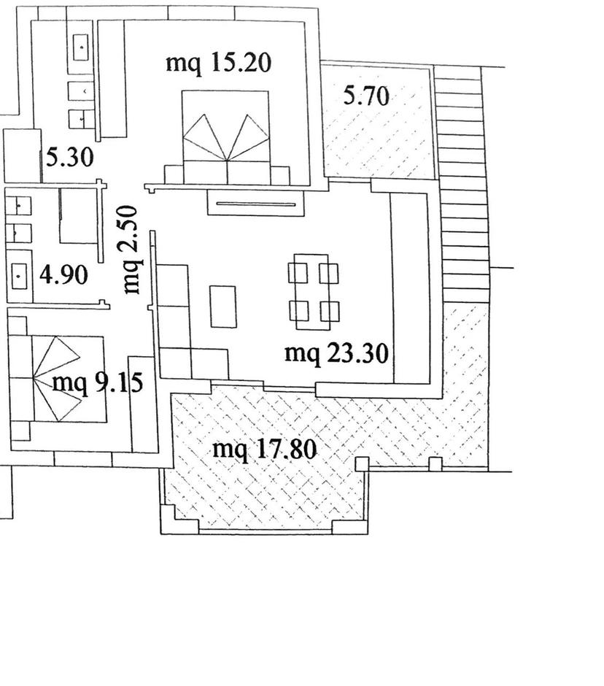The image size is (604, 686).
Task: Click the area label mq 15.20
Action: click(x=218, y=63)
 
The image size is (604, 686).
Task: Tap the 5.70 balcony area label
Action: click(x=366, y=96)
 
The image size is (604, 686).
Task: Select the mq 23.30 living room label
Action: click(x=336, y=353)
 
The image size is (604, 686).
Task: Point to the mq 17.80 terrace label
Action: click(x=264, y=450)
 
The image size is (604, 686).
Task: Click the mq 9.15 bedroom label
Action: click(x=97, y=383)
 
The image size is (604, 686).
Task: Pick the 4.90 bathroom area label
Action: click(x=63, y=275)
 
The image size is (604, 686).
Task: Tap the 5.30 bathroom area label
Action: click(x=69, y=158)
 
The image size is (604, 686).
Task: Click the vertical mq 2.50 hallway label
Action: click(x=131, y=250)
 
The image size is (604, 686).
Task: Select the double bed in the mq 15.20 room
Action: click(x=225, y=137)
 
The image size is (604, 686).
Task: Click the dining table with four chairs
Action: click(x=313, y=292)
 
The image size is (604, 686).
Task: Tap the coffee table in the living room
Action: click(x=223, y=307)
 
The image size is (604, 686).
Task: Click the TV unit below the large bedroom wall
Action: click(x=256, y=204)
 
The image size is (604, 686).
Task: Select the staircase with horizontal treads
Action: click(x=462, y=184)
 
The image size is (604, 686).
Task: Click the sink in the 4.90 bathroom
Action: click(x=20, y=276)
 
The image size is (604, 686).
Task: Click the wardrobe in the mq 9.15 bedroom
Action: click(x=142, y=404)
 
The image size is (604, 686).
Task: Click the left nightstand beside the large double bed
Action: click(x=174, y=175)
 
